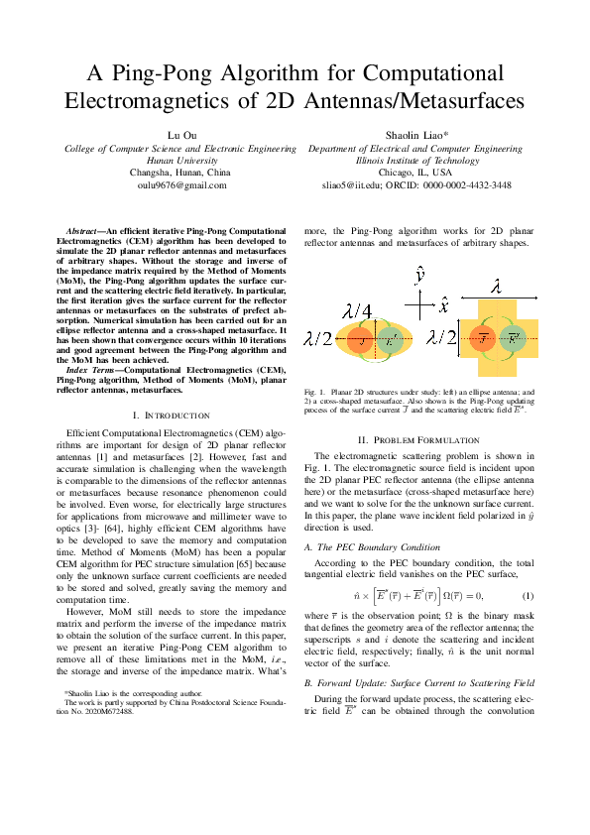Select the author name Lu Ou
[x=181, y=134]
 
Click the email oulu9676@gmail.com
[x=181, y=184]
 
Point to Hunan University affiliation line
[x=181, y=160]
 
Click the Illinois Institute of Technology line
[x=416, y=160]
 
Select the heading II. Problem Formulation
[x=415, y=467]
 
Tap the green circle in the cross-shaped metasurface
[x=514, y=338]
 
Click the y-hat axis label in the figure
[x=420, y=275]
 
